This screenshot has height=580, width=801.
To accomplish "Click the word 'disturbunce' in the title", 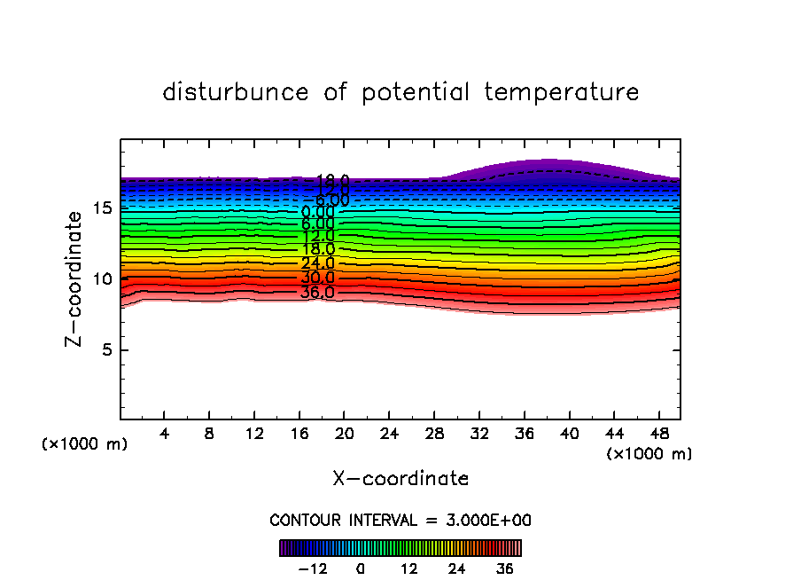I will (x=236, y=92).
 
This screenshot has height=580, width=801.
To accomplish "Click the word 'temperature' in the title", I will (x=562, y=92).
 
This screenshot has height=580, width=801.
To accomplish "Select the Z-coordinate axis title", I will (x=75, y=278).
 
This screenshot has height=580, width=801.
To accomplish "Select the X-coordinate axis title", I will (x=400, y=479).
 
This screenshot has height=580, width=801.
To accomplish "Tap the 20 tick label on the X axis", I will (x=344, y=434).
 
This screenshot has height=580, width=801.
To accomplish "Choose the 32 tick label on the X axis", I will (x=478, y=434).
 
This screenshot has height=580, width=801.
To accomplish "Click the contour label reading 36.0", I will (x=317, y=292).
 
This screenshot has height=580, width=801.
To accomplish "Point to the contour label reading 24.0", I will (x=317, y=263).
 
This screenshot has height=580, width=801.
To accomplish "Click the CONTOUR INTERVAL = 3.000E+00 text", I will (x=400, y=521).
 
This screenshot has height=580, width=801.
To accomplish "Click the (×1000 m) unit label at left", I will (x=85, y=444).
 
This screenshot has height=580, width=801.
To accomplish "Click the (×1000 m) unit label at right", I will (x=649, y=454).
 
